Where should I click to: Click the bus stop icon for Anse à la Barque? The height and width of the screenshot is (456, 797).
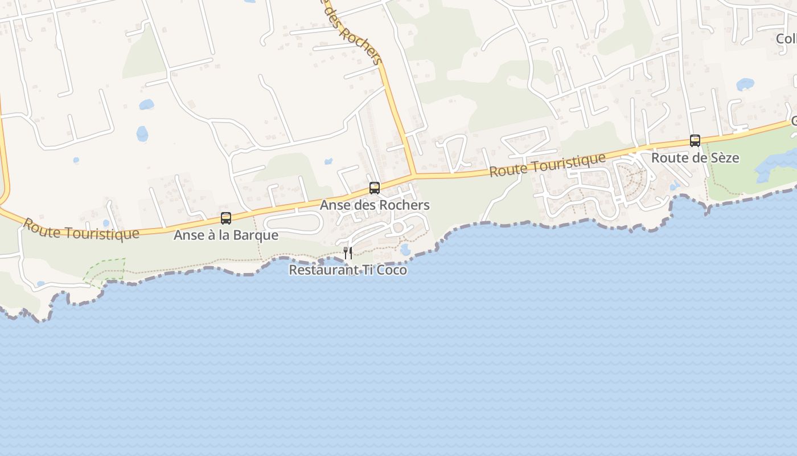coord(226,218)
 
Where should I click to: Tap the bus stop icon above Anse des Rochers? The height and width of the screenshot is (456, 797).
coord(374,188)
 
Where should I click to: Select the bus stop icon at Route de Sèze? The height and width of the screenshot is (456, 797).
coord(695,140)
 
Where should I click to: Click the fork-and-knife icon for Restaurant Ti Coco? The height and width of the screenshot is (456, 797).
coord(348,253)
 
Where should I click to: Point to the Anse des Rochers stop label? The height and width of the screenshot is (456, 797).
coord(375,205)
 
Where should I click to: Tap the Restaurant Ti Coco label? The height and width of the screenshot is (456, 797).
coord(348,270)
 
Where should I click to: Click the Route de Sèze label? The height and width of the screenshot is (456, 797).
coord(695,157)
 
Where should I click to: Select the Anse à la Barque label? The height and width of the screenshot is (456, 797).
coord(226,235)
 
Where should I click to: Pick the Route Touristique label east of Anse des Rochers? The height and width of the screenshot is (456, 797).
coord(547,164)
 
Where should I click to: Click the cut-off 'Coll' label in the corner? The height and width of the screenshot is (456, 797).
coord(786,38)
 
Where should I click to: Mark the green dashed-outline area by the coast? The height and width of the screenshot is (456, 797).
coord(106,270)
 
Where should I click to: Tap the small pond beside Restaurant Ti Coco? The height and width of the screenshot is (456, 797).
coord(405,250)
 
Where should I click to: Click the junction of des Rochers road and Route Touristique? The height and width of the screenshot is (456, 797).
coord(414,176)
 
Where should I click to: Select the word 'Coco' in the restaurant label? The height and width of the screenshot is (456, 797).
coord(392,270)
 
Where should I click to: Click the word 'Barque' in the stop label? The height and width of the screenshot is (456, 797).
coord(258,235)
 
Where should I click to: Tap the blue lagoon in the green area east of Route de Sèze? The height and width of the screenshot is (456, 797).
coord(777,162)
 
